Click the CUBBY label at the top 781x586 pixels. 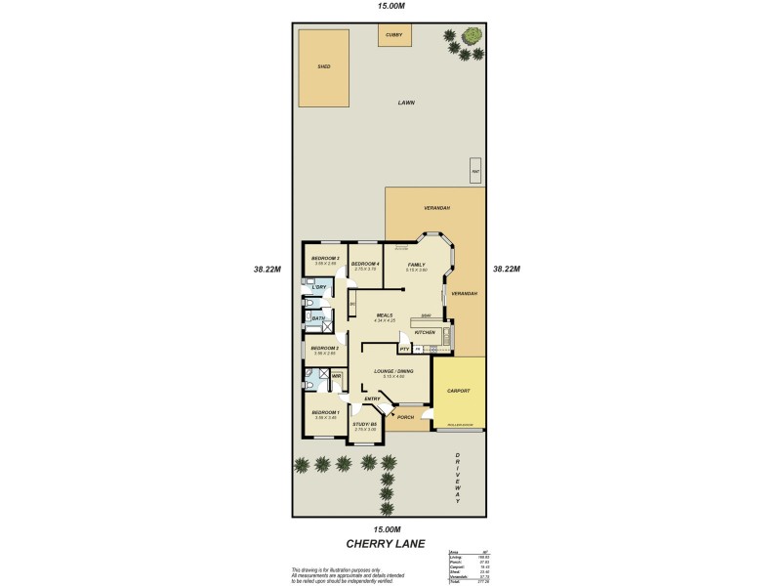pyautogui.click(x=393, y=34)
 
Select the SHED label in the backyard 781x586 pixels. pyautogui.click(x=324, y=67)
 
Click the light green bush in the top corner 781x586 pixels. pyautogui.click(x=473, y=35)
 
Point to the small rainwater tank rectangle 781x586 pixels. pyautogui.click(x=474, y=171)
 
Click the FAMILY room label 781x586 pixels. pyautogui.click(x=416, y=264)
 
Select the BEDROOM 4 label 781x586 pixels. pyautogui.click(x=365, y=264)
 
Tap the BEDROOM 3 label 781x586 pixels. pyautogui.click(x=325, y=258)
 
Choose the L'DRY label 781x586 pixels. pyautogui.click(x=318, y=287)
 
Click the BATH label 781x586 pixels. pyautogui.click(x=318, y=318)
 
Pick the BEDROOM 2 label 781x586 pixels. pyautogui.click(x=325, y=348)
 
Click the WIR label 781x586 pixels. pyautogui.click(x=336, y=376)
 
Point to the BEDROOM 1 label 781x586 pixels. pyautogui.click(x=325, y=413)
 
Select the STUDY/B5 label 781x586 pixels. pyautogui.click(x=365, y=424)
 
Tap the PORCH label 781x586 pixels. pyautogui.click(x=405, y=417)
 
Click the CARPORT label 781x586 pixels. pyautogui.click(x=459, y=391)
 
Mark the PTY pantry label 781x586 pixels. pyautogui.click(x=403, y=348)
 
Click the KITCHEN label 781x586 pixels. pyautogui.click(x=425, y=333)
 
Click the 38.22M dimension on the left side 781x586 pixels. pyautogui.click(x=267, y=270)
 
